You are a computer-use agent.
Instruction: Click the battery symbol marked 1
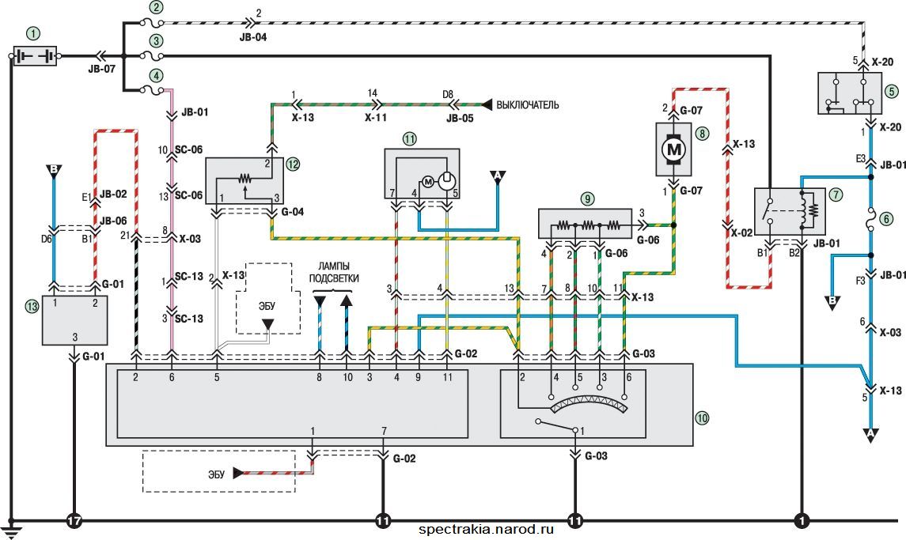point(35,56)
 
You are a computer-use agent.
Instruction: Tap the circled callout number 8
point(702,134)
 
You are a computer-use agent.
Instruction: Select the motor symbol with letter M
point(673,149)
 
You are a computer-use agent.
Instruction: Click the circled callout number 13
point(32,306)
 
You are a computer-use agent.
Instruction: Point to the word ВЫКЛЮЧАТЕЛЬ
point(528,105)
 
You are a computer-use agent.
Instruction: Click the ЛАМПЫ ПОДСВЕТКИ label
point(334,272)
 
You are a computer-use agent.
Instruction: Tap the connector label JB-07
point(102,69)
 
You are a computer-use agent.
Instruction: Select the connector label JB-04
point(253,37)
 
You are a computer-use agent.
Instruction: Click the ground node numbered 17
point(74,521)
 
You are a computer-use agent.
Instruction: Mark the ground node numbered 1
point(802,521)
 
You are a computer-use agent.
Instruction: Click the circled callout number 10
point(702,417)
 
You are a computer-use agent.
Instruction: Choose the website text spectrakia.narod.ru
point(486,529)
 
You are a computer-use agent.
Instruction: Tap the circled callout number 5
point(892,91)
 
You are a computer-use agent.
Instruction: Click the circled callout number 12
point(293,164)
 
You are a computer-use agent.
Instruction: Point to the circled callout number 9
point(587,199)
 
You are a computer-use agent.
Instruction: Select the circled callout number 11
point(410,138)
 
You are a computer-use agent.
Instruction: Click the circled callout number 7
point(836,194)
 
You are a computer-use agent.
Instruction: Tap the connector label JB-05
point(460,119)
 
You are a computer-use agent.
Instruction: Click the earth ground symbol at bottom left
point(11,526)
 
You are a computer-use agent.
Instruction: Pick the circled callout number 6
point(885,218)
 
